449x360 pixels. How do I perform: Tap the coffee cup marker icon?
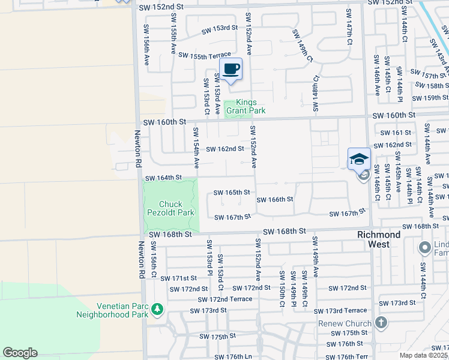(x=231, y=69)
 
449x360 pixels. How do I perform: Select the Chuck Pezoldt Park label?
(x=171, y=208)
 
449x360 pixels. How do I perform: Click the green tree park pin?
(x=157, y=309)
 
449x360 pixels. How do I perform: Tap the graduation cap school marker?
(x=358, y=158)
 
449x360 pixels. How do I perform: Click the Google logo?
(x=20, y=353)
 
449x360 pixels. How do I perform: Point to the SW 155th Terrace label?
(x=205, y=55)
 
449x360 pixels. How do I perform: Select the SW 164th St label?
(x=163, y=178)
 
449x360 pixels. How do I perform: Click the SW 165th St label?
(x=232, y=193)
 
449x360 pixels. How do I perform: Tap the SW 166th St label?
(x=275, y=199)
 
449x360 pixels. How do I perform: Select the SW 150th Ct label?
(x=281, y=289)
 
